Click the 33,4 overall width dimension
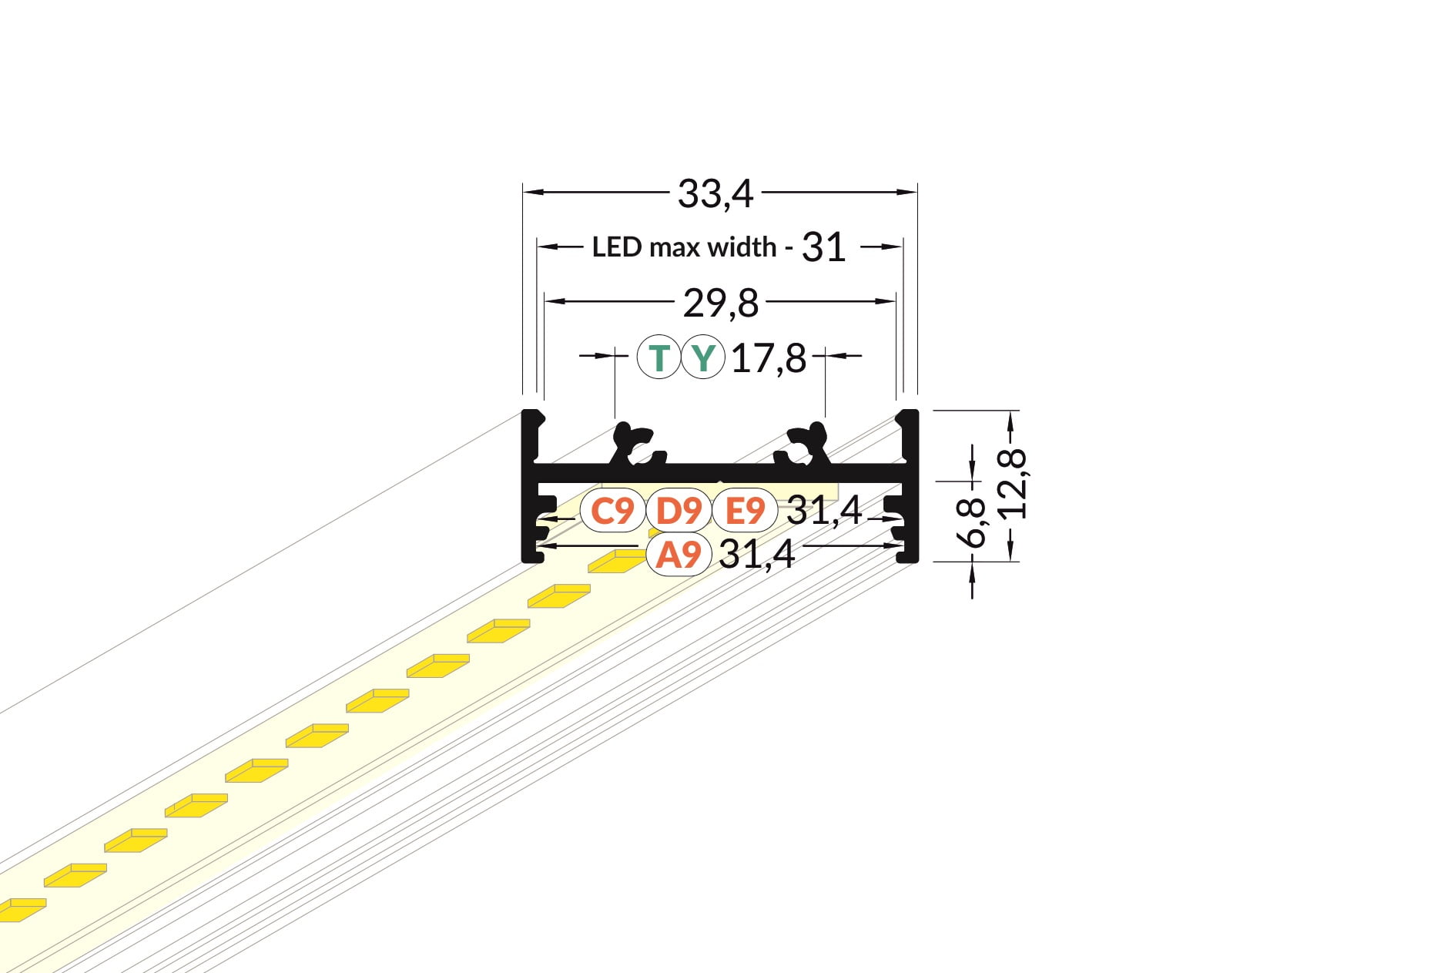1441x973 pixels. pyautogui.click(x=715, y=194)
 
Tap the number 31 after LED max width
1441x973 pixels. pyautogui.click(x=823, y=247)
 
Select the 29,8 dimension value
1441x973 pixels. pyautogui.click(x=721, y=304)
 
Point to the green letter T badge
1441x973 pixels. pyautogui.click(x=659, y=357)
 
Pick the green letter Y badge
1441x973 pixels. pyautogui.click(x=702, y=357)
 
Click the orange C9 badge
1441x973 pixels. pyautogui.click(x=612, y=510)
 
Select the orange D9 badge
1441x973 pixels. pyautogui.click(x=679, y=510)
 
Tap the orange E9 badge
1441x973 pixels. pyautogui.click(x=745, y=510)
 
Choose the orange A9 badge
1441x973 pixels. pyautogui.click(x=679, y=554)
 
